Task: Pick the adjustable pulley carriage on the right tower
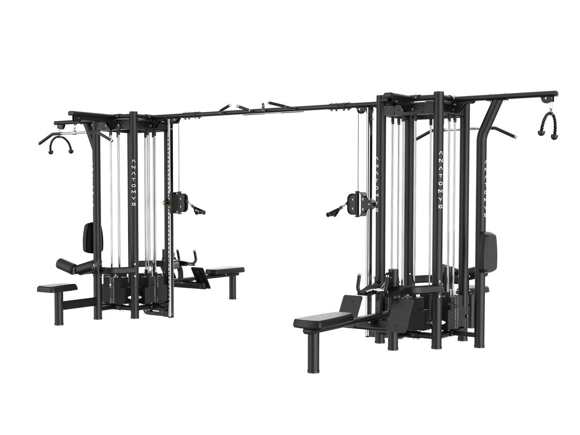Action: point(355,202)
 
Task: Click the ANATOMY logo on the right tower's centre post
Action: point(440,180)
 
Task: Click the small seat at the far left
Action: point(56,287)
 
